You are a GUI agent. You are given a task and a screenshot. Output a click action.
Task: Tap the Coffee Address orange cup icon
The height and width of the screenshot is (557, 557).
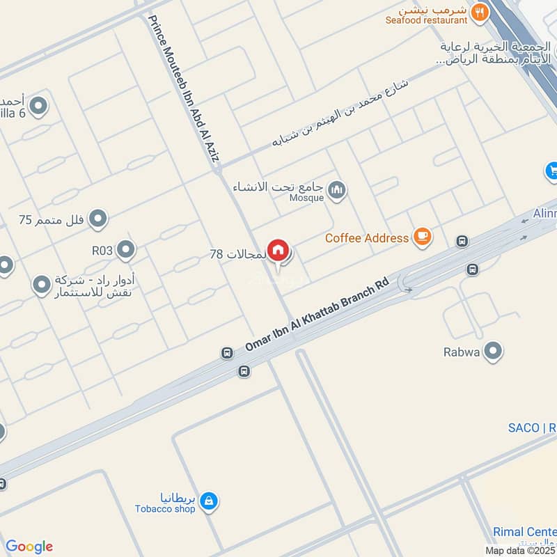click(x=422, y=237)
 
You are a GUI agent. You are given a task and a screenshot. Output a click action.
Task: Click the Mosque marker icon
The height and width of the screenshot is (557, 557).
click(x=338, y=189)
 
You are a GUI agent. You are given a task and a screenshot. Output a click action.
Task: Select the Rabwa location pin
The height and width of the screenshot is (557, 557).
click(x=493, y=352)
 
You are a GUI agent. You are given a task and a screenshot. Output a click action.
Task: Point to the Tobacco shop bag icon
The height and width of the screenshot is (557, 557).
click(x=208, y=500)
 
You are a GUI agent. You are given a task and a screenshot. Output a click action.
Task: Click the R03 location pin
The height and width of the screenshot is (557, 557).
click(x=126, y=249)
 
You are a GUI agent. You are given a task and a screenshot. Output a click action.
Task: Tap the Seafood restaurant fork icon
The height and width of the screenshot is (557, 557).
click(x=479, y=12)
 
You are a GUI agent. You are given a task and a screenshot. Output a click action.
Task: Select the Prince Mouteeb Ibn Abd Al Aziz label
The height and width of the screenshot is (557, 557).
click(x=183, y=89)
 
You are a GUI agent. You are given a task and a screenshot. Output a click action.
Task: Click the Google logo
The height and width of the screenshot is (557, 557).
click(x=29, y=547)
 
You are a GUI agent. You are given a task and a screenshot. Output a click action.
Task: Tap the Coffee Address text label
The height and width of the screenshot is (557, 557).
click(x=367, y=238)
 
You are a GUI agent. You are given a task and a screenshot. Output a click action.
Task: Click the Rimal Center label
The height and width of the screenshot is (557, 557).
click(x=524, y=532)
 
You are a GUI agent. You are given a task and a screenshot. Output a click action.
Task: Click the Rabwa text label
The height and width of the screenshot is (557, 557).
click(x=462, y=352)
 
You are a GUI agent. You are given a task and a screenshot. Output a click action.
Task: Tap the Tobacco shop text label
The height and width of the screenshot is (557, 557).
click(x=165, y=508)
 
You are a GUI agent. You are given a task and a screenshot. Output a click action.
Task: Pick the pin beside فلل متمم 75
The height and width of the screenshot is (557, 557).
click(x=98, y=220)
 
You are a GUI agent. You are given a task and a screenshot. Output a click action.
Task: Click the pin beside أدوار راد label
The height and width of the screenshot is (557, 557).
click(x=42, y=284)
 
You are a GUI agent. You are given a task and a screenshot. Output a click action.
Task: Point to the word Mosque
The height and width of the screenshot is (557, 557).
click(x=306, y=198)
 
